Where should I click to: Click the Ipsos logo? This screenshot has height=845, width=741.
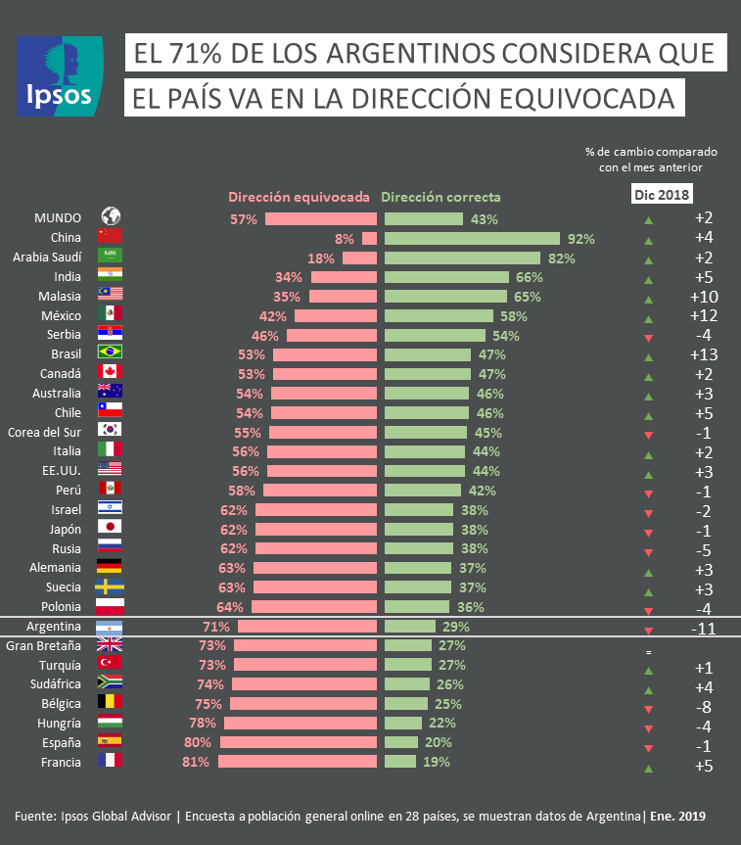[60, 76]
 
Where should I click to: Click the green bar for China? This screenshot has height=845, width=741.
[471, 238]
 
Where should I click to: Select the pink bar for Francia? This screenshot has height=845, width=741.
[298, 761]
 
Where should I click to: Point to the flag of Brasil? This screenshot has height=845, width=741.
[110, 352]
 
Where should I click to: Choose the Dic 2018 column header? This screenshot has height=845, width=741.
[659, 195]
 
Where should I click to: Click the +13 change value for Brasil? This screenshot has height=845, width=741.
[704, 353]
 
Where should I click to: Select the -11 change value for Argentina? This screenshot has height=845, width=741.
[704, 629]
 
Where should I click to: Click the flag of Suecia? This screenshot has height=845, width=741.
[110, 587]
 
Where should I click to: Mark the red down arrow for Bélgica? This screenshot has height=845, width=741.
[648, 708]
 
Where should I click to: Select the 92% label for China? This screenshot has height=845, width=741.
[581, 238]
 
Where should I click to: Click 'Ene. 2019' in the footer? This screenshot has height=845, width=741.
[678, 816]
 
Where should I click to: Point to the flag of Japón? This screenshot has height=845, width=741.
[110, 528]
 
